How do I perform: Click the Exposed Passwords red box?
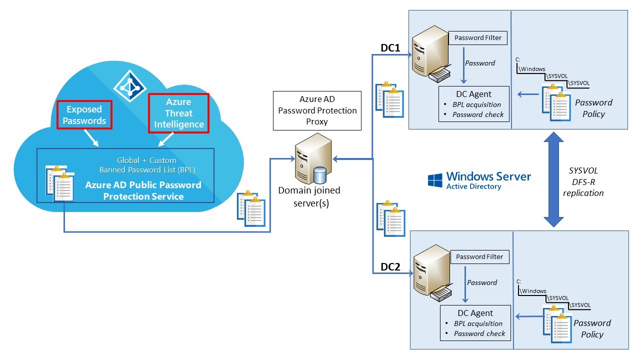point(84,114)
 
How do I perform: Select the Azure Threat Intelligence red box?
point(178,113)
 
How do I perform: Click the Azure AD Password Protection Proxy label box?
point(317,110)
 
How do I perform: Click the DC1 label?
point(390,48)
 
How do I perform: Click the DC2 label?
point(390,267)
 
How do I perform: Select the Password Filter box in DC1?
point(477,37)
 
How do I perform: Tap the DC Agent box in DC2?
point(475,323)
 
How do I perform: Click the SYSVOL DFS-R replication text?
point(583,181)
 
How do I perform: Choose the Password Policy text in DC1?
point(593,108)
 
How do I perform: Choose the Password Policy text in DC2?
point(592,328)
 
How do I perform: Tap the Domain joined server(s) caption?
point(309,195)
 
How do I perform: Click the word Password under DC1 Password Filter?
point(480,63)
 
